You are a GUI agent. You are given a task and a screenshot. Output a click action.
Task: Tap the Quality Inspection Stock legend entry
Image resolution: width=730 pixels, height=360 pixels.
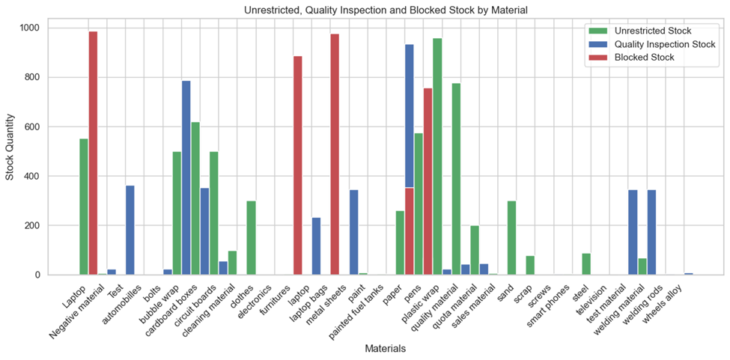pos(658,44)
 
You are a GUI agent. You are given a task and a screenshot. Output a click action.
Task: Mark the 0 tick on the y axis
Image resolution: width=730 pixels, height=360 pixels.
pos(44,275)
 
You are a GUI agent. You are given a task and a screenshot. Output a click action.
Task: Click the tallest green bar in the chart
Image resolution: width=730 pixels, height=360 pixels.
pos(437,156)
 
